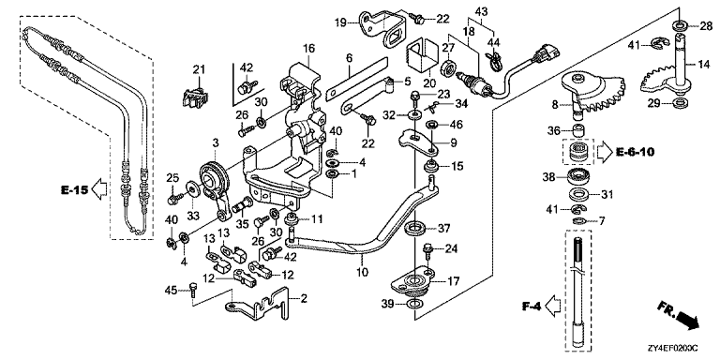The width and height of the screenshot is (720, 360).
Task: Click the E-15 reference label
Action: [74, 188]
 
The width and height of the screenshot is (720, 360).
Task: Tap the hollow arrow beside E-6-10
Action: [604, 150]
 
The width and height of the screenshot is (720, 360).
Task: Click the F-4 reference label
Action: [532, 305]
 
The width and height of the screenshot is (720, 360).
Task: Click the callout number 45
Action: [171, 290]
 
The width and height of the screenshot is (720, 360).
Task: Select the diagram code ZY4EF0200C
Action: [676, 351]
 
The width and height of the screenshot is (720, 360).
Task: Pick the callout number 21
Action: [198, 69]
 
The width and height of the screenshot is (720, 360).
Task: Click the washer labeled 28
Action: [681, 23]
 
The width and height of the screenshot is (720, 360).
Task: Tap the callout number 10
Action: [362, 272]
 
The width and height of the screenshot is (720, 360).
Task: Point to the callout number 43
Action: [481, 10]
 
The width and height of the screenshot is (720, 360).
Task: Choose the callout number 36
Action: [552, 130]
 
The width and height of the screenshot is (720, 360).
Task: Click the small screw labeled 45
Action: [193, 290]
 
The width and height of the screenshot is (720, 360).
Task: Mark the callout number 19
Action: [352, 22]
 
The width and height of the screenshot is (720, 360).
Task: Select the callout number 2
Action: [303, 299]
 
